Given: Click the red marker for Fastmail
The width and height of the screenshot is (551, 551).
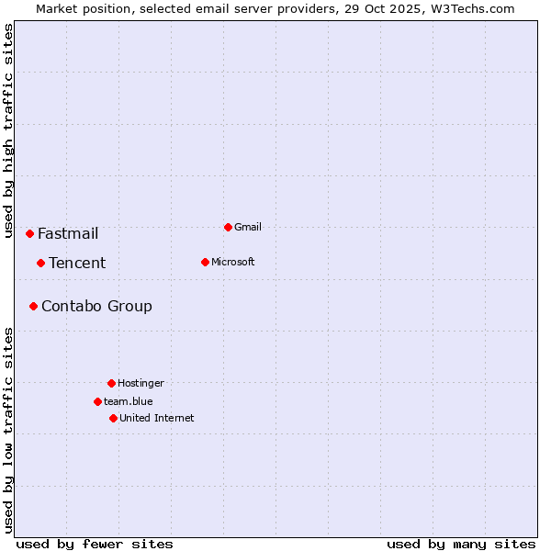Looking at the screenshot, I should click(x=29, y=233).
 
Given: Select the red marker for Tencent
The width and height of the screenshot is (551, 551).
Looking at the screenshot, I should click(x=40, y=263).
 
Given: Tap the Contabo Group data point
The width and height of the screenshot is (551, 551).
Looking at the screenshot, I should click(x=33, y=306).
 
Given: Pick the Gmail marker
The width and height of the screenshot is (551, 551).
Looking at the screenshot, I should click(x=228, y=227).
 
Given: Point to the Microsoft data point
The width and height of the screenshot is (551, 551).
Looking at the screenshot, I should click(x=205, y=262).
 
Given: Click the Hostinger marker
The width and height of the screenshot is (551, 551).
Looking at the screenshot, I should click(x=111, y=383).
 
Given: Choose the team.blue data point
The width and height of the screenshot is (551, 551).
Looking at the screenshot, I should click(x=97, y=401).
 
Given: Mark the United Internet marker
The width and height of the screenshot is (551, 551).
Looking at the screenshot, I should click(x=113, y=418).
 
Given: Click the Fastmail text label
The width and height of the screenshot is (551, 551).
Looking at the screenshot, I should click(x=68, y=233).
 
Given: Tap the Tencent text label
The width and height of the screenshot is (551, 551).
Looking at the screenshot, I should click(x=77, y=263).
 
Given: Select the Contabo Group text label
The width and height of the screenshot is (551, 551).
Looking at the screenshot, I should click(x=96, y=306).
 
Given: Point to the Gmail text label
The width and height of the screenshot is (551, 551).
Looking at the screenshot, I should click(x=248, y=227).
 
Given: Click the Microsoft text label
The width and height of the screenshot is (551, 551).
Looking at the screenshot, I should click(x=233, y=262).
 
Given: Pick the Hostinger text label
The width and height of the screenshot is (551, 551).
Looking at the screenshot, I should click(x=141, y=383).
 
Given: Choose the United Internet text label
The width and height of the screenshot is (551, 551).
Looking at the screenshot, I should click(x=157, y=418).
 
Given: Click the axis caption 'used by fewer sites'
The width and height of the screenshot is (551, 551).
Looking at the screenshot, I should click(x=95, y=544).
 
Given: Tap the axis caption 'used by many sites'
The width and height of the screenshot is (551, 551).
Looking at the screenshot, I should click(x=461, y=544).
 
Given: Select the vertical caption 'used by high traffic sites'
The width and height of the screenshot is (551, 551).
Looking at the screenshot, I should click(x=8, y=130).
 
